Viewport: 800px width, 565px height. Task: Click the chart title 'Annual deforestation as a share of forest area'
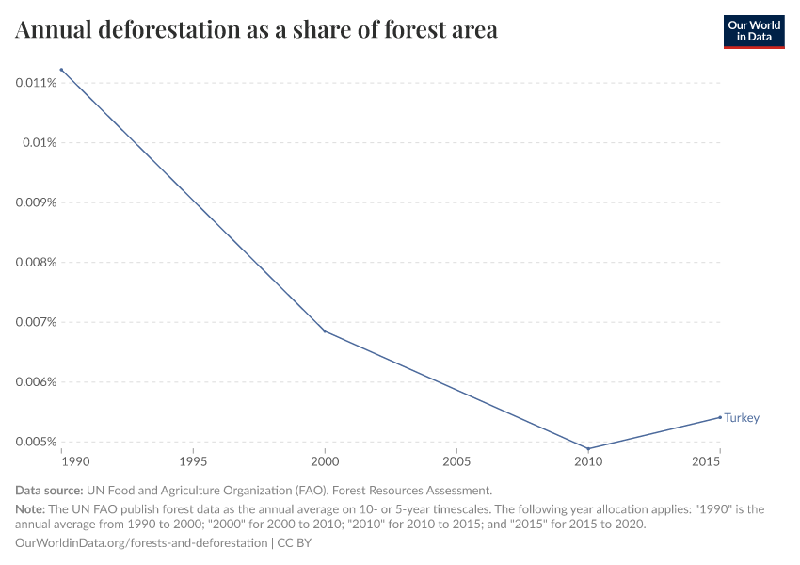pyautogui.click(x=256, y=30)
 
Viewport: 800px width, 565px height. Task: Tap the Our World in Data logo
pyautogui.click(x=753, y=31)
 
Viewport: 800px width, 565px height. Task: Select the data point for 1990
pyautogui.click(x=61, y=70)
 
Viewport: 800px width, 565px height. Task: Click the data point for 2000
pyautogui.click(x=325, y=331)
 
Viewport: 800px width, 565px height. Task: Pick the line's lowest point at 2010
pyautogui.click(x=588, y=449)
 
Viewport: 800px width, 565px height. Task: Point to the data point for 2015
pyautogui.click(x=720, y=417)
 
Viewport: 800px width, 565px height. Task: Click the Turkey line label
pyautogui.click(x=742, y=418)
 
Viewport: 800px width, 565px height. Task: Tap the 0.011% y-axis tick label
pyautogui.click(x=37, y=83)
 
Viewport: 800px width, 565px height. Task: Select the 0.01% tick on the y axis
pyautogui.click(x=40, y=142)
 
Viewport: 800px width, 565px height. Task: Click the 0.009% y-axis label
pyautogui.click(x=37, y=202)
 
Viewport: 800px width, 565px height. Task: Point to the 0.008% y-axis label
pyautogui.click(x=37, y=262)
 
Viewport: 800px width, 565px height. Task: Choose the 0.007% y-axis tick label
pyautogui.click(x=37, y=322)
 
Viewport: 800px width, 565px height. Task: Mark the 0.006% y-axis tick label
pyautogui.click(x=37, y=381)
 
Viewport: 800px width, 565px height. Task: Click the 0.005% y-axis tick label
pyautogui.click(x=37, y=442)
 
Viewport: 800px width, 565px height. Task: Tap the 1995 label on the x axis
pyautogui.click(x=193, y=463)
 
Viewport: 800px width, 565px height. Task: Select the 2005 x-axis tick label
pyautogui.click(x=456, y=463)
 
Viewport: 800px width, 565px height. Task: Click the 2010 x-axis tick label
pyautogui.click(x=588, y=463)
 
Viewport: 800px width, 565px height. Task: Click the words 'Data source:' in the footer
pyautogui.click(x=49, y=491)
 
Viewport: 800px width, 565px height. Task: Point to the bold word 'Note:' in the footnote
pyautogui.click(x=31, y=509)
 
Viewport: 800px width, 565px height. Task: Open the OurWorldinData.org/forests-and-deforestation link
pyautogui.click(x=141, y=543)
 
